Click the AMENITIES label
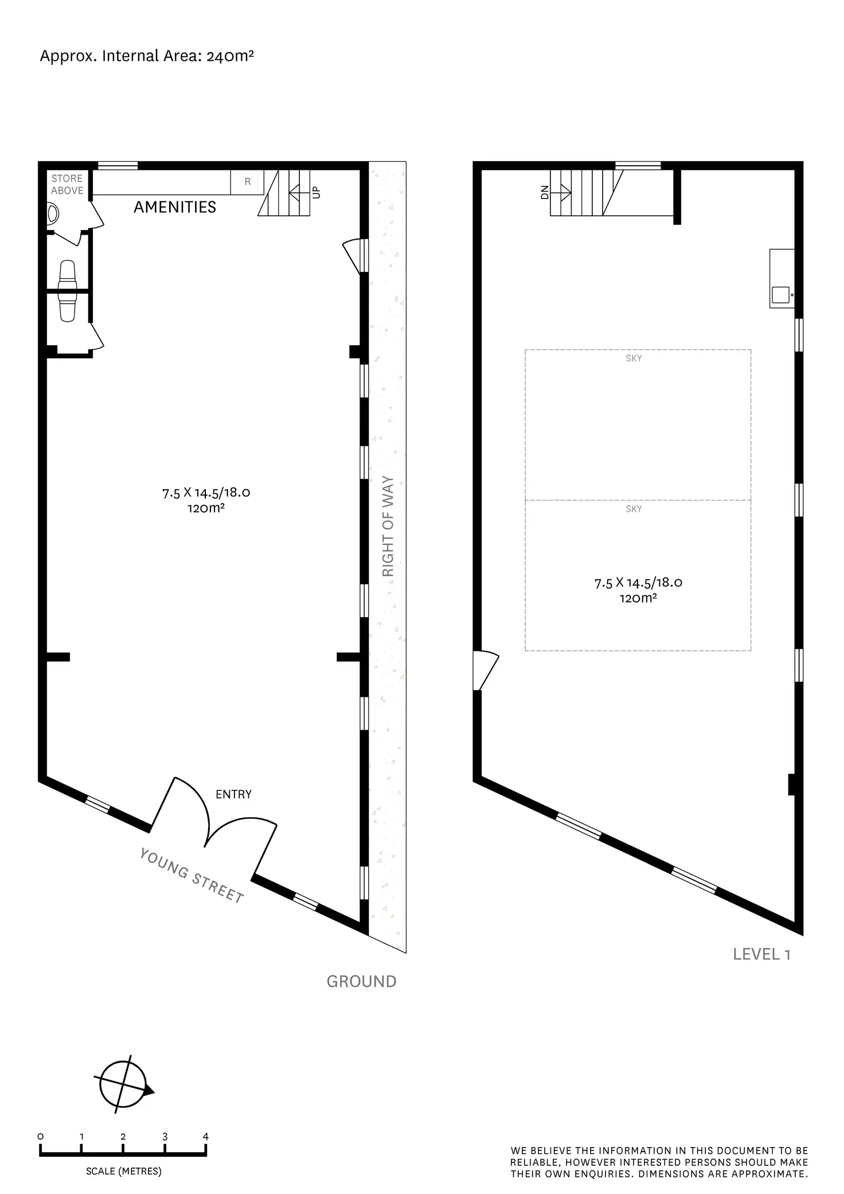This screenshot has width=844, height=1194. tap(175, 207)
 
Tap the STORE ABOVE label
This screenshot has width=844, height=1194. tap(67, 185)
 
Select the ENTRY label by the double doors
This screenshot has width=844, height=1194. tap(233, 794)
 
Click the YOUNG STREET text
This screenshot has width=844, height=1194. tap(192, 876)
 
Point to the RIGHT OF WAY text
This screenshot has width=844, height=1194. tap(388, 526)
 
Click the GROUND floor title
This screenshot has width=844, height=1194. tap(361, 982)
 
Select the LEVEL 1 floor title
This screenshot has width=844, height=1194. tap(762, 954)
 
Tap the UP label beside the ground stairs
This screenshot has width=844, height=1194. tap(316, 193)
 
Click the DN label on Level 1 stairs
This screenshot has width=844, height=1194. tap(545, 192)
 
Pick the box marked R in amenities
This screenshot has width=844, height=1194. tap(248, 182)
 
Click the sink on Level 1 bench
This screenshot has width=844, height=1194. tap(780, 295)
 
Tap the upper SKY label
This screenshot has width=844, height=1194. tap(634, 358)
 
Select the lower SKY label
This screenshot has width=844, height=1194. tap(634, 509)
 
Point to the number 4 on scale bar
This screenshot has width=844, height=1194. tap(206, 1137)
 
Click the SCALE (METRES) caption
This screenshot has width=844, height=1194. tap(124, 1172)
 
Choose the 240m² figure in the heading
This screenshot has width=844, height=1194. tap(230, 56)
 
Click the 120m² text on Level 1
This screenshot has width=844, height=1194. tap(638, 598)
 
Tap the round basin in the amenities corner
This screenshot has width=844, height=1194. tap(53, 214)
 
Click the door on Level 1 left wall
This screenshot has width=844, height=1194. tap(484, 671)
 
